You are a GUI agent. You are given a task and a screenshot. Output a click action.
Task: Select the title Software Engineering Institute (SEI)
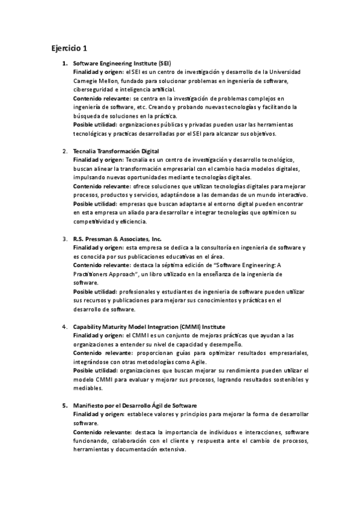[x=122, y=63]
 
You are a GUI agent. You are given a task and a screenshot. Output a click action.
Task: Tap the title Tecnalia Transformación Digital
[x=115, y=150]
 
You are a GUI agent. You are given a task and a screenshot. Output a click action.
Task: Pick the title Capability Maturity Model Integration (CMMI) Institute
[x=149, y=326]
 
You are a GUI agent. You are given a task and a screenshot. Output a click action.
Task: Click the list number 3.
[x=65, y=238]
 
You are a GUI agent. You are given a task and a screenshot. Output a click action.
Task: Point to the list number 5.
[x=65, y=405]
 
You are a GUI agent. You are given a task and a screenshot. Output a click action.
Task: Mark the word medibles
[x=86, y=389]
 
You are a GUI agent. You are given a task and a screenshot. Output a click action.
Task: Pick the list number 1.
[x=65, y=63]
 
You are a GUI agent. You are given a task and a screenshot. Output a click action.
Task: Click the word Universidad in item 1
[x=284, y=72]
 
